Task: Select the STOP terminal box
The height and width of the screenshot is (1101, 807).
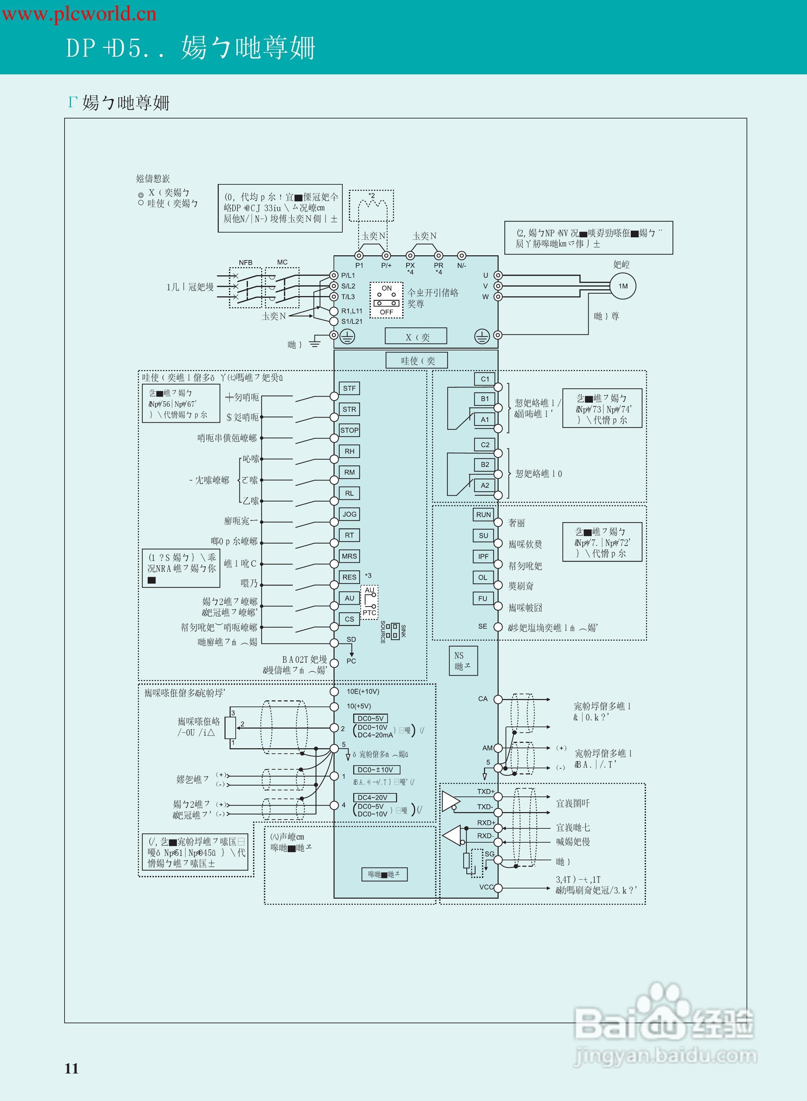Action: coord(349,430)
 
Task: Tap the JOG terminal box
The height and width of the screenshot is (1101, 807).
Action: coord(349,514)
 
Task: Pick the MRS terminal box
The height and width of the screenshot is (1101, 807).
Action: coord(349,556)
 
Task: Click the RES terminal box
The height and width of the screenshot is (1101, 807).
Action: coord(349,577)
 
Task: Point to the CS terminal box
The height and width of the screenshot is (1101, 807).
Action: coord(349,619)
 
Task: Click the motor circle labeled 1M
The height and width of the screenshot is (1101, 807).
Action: coord(623,286)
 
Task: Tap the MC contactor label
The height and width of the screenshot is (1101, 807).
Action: coord(282,262)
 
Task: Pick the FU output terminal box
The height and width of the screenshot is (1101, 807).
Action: coord(483,599)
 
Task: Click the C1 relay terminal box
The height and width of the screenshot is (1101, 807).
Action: coord(485,379)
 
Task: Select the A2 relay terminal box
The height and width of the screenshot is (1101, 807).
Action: coord(485,485)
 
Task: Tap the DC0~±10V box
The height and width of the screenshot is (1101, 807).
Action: coord(375,770)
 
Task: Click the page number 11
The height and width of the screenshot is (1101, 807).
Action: coord(72,1068)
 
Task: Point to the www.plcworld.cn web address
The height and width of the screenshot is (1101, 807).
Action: coord(79,14)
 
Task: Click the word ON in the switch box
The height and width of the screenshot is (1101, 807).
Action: coord(387,289)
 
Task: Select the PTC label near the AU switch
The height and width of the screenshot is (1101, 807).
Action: coord(369,613)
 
